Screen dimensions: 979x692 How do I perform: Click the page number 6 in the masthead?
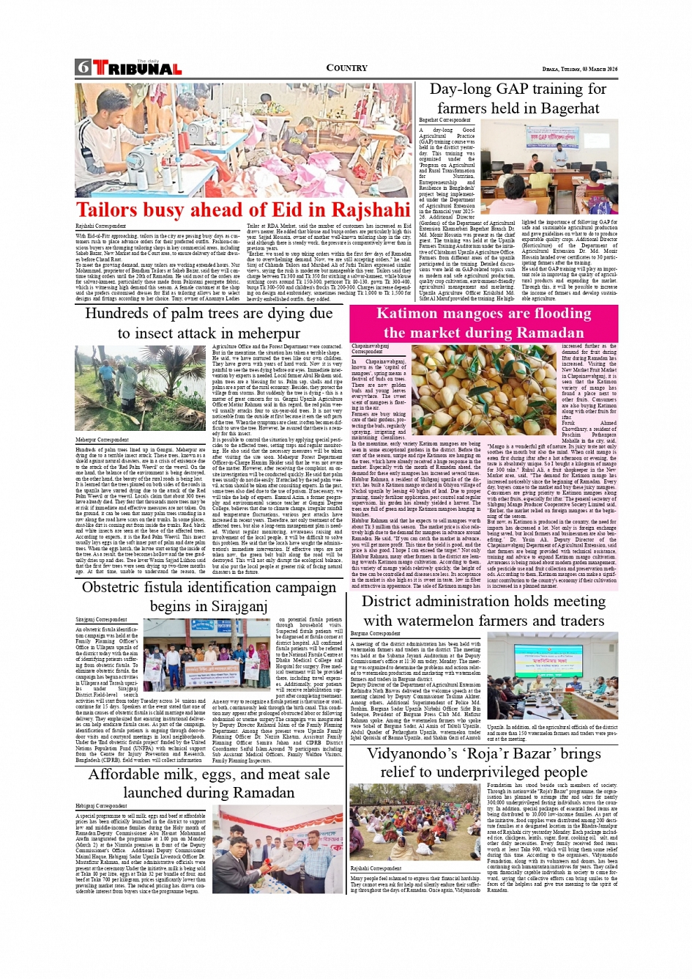click(x=83, y=67)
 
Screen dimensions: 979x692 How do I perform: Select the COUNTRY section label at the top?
click(x=346, y=68)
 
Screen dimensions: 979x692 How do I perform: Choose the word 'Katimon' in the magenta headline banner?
click(x=412, y=314)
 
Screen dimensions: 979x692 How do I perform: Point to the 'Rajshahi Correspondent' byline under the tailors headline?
click(x=100, y=226)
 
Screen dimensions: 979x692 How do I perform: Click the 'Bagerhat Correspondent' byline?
click(x=444, y=120)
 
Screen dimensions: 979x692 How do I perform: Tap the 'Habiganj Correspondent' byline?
click(x=101, y=805)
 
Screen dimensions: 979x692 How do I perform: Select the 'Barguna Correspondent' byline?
click(x=375, y=634)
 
